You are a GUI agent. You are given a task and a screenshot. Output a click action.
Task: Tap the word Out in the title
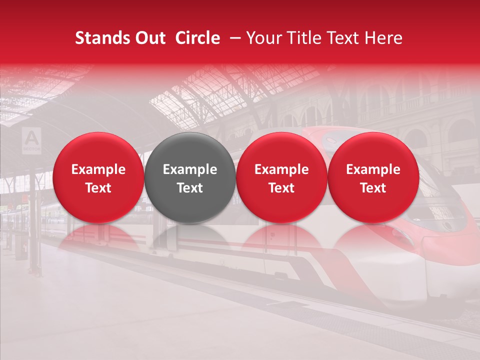[x=148, y=38]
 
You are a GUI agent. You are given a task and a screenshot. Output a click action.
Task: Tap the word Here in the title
[x=383, y=38]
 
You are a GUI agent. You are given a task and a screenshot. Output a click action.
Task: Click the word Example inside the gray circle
[x=190, y=169]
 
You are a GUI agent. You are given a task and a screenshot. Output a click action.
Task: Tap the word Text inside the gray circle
[x=190, y=188]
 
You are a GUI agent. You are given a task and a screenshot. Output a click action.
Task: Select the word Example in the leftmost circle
[x=98, y=169]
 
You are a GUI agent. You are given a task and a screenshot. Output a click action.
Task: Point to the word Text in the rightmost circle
[x=373, y=188]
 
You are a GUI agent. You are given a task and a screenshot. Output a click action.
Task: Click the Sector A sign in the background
[x=32, y=139]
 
